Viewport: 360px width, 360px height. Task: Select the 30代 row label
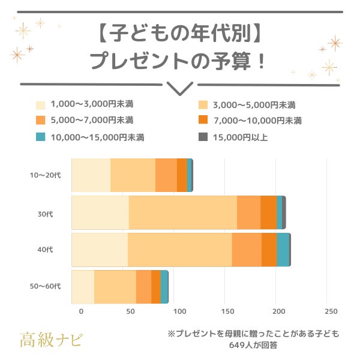[x=45, y=213]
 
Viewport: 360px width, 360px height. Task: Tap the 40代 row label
[x=45, y=250]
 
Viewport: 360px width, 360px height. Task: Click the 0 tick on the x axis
[x=81, y=311]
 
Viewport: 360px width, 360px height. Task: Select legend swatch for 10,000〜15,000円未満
[x=40, y=137]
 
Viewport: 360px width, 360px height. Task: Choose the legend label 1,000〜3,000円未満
[x=91, y=104]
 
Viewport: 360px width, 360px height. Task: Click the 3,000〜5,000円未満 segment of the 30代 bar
[x=182, y=212]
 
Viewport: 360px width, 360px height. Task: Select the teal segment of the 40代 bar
[x=283, y=250]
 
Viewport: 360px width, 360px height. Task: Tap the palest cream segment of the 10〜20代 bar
[x=91, y=175]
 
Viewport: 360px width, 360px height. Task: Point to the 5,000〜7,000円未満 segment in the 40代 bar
[x=247, y=250]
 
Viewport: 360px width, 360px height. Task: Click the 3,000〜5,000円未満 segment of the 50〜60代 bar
[x=115, y=286]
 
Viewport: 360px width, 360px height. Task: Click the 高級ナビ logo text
[x=52, y=339]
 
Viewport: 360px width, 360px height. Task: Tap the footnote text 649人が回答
[x=253, y=345]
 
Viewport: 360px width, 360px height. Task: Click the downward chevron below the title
[x=179, y=88]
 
